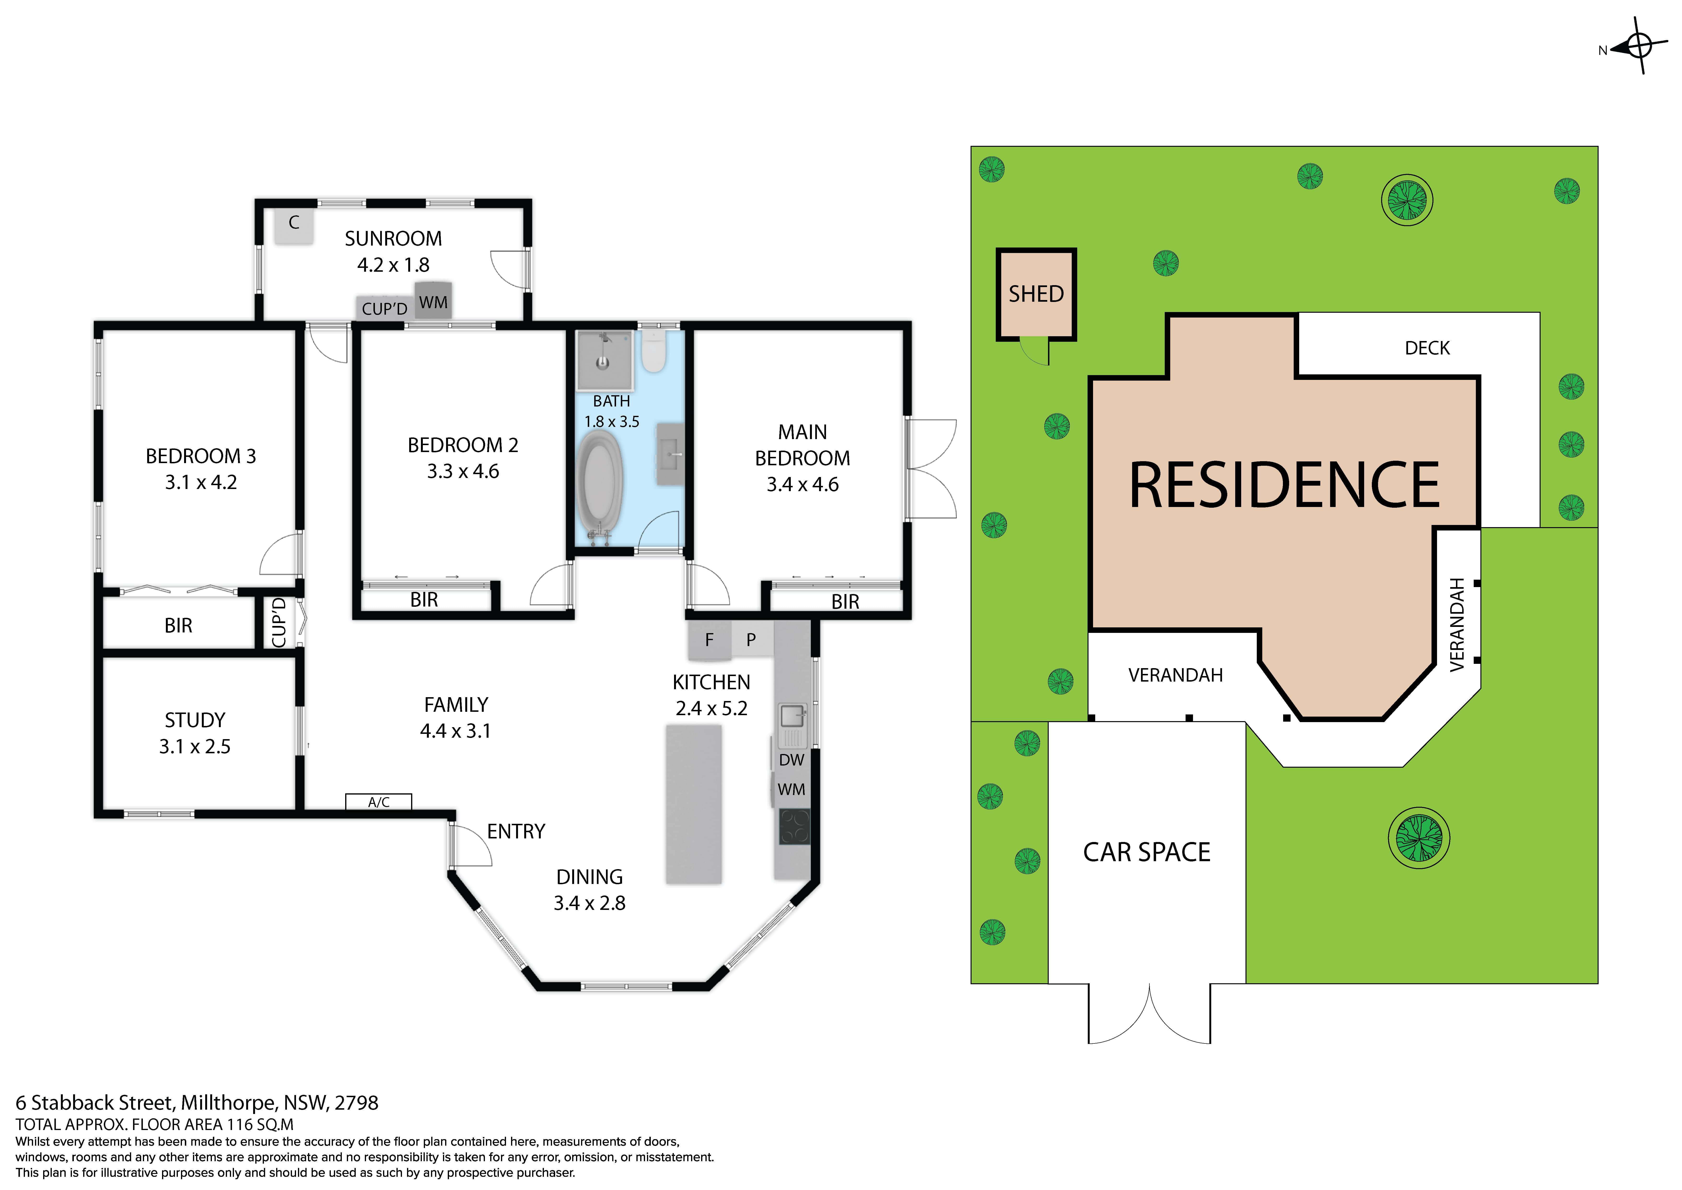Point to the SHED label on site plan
pos(1036,294)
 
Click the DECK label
pos(1426,348)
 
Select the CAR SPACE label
pos(1147,852)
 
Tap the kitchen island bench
pos(693,804)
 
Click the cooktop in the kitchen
pos(794,827)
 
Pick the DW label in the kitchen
pos(791,760)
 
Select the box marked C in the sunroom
pos(294,224)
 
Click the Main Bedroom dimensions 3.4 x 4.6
pos(802,484)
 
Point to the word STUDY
pos(195,720)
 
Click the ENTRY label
pos(516,832)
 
